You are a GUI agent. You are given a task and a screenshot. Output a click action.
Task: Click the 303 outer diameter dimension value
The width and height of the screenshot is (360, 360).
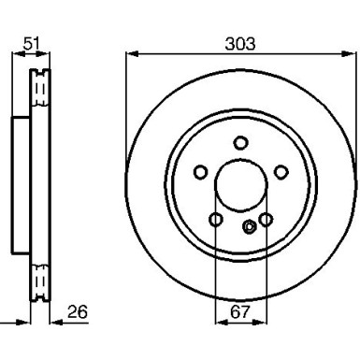point(241,43)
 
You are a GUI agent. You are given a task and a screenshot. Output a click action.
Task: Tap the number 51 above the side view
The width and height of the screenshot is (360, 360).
point(32,43)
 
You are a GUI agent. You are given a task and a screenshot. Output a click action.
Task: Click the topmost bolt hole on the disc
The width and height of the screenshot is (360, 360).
point(240,142)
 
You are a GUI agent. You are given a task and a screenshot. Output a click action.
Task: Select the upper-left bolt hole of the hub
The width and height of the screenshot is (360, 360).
point(199,172)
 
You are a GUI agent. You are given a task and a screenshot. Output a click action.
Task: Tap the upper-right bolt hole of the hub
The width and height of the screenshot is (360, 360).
point(281,172)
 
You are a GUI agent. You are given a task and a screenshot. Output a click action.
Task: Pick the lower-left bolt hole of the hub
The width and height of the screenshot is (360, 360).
point(215,220)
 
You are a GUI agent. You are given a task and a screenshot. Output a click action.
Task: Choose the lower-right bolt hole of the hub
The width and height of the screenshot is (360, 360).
point(266,220)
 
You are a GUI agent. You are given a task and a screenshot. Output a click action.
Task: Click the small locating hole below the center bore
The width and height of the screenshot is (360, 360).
point(249,226)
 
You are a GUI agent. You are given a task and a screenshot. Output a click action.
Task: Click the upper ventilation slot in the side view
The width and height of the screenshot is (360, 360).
point(38,89)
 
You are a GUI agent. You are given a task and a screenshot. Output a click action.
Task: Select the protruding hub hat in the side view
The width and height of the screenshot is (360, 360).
point(20,185)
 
